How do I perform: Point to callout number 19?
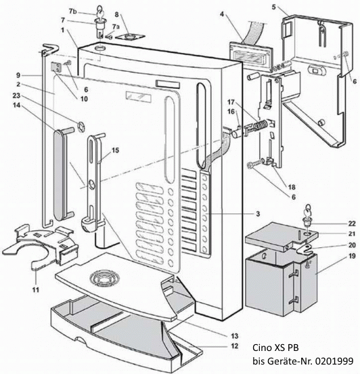click(x=351, y=276)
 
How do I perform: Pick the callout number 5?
click(x=274, y=7)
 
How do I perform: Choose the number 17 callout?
click(x=231, y=102)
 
